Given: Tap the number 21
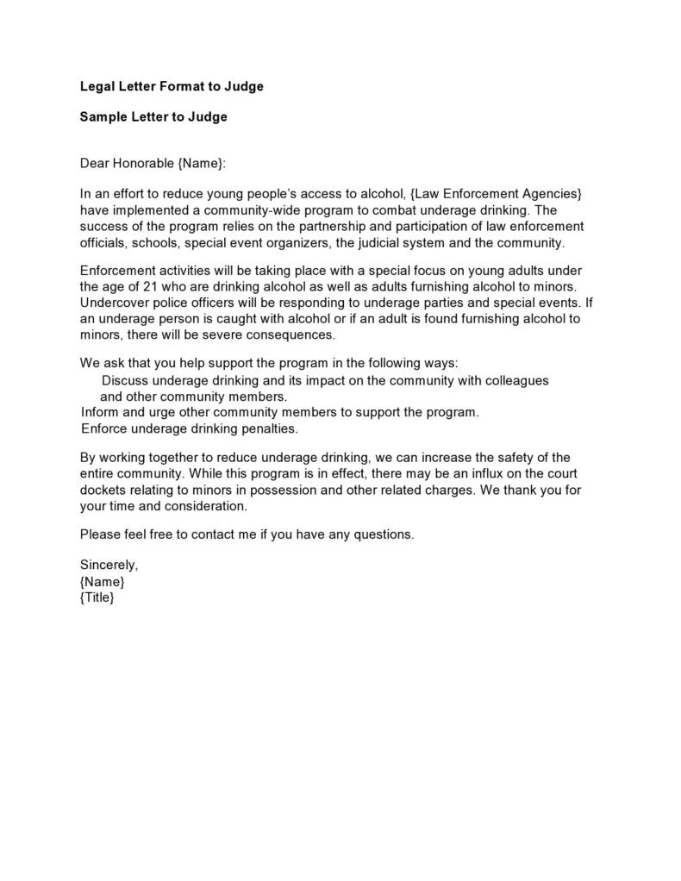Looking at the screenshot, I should pos(139,286).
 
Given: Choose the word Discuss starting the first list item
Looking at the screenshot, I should pos(124,380).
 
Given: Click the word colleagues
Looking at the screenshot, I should pos(517,380).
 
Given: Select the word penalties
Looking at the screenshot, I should pos(266,428).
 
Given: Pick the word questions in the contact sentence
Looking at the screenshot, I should pos(383,534).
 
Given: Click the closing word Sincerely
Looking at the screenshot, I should pos(109,565).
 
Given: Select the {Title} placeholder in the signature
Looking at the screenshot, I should pos(97,597).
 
